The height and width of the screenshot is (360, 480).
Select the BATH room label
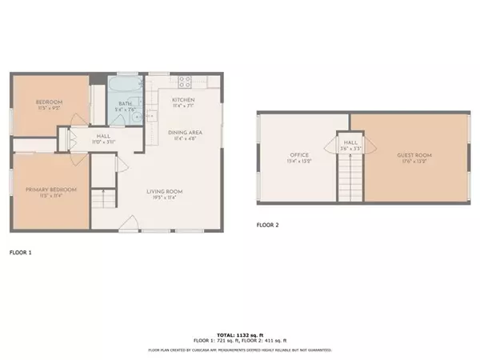coord(125,103)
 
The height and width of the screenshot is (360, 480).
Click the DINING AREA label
coord(184,132)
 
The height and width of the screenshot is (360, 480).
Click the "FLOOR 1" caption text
coord(20,252)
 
